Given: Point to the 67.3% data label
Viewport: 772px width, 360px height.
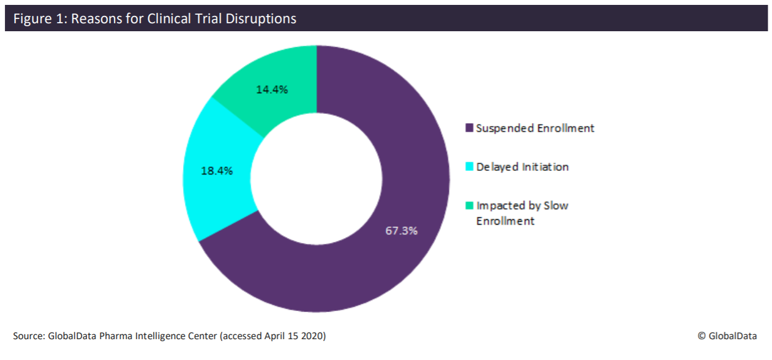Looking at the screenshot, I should click(402, 231).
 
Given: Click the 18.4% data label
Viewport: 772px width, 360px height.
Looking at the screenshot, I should click(217, 171).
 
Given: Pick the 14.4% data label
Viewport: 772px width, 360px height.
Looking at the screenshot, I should click(272, 89).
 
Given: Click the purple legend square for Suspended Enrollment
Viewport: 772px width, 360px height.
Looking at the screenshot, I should click(470, 128).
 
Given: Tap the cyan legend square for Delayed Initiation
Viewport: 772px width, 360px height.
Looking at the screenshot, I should click(470, 167).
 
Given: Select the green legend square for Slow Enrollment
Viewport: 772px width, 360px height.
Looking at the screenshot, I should click(470, 205).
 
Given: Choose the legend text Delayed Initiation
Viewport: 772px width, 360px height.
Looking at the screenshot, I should click(523, 167).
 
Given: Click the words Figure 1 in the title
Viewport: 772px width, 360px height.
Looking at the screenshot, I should click(36, 19).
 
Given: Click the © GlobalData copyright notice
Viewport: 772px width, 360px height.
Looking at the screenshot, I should click(727, 336).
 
